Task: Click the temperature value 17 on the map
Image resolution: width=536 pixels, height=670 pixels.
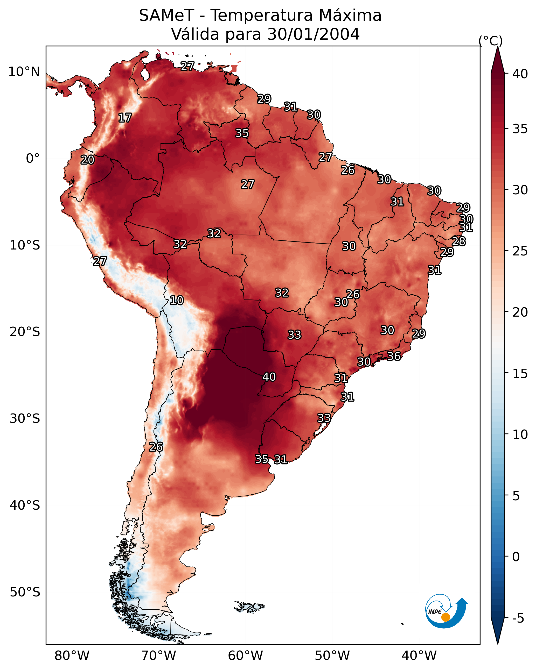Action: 125,118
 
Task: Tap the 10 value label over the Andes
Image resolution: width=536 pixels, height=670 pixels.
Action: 177,300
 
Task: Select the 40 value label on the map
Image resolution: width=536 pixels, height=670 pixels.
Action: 269,377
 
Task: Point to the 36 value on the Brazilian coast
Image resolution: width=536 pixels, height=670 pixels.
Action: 394,356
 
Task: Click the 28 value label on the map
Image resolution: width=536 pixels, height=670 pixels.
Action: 459,241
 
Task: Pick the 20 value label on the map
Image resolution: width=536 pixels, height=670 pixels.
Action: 87,160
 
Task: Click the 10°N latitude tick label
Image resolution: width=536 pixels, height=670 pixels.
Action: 24,72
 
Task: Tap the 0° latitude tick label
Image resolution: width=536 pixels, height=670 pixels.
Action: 33,159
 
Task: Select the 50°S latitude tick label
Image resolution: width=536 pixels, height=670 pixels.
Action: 25,592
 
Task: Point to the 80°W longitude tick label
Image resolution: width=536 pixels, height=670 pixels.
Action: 72,656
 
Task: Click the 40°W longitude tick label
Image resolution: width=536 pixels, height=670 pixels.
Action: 419,656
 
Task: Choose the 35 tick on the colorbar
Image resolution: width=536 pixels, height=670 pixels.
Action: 520,129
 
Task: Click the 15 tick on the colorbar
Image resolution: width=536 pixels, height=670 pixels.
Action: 520,374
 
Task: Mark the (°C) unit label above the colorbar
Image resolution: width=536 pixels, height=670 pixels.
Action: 490,41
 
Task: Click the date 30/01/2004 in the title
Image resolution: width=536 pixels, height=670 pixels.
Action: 313,34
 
